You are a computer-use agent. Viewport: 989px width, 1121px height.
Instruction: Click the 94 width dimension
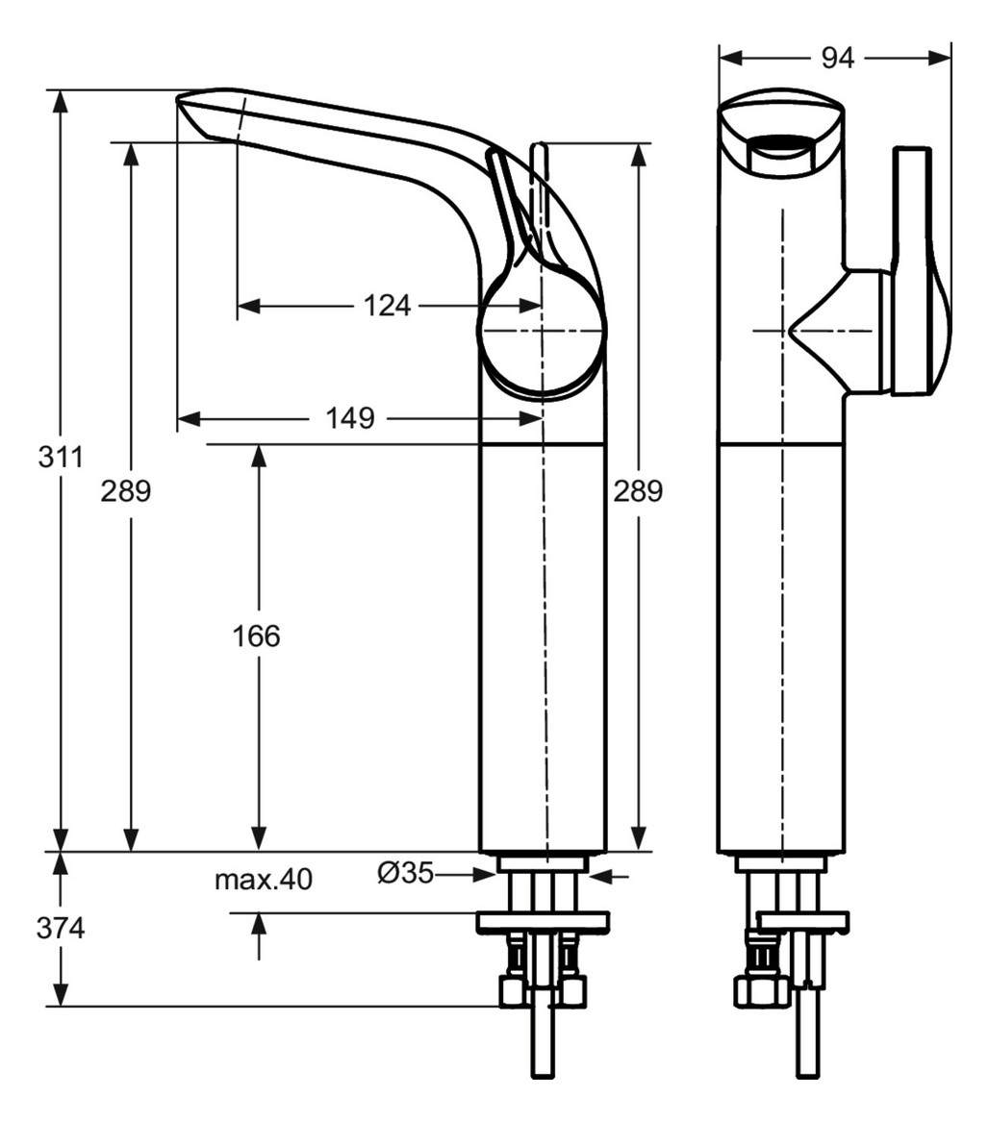837,59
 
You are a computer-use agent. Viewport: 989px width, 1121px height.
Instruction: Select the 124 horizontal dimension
387,306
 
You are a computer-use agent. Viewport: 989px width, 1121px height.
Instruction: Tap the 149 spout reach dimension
348,418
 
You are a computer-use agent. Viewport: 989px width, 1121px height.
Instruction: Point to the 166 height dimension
257,635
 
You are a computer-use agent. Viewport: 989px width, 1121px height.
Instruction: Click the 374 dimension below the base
61,929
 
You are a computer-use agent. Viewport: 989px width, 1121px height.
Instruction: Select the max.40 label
263,879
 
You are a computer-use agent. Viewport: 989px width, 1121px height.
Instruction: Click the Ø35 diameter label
405,873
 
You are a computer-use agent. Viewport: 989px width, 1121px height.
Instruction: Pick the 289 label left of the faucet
126,491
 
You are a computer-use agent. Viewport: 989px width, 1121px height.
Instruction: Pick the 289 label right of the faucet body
638,491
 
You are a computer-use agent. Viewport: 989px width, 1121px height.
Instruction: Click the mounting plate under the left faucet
543,922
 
